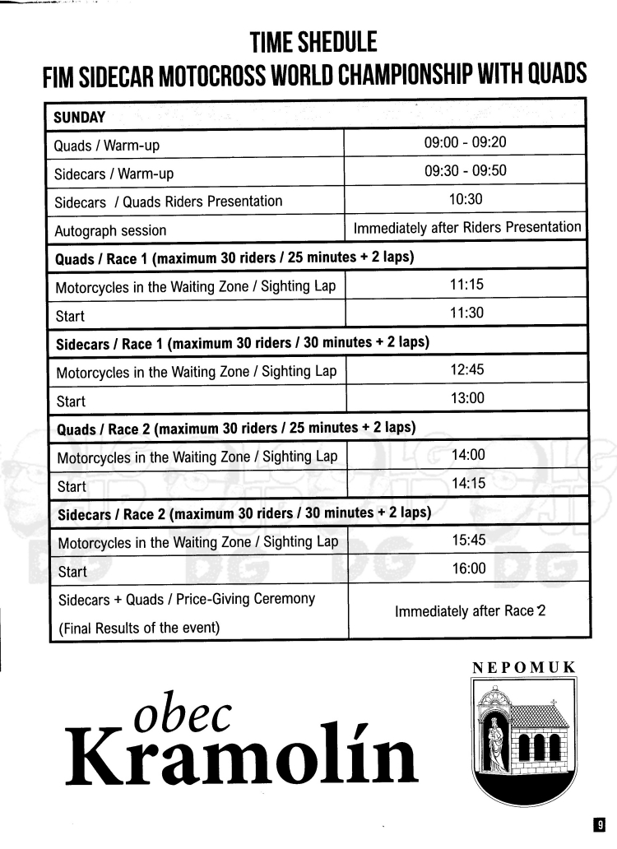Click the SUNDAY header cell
click(80, 117)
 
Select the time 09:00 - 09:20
click(465, 142)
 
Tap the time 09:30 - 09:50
click(465, 171)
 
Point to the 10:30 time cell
click(466, 199)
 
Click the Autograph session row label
click(110, 230)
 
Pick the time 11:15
click(466, 285)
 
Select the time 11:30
click(466, 313)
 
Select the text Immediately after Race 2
click(470, 612)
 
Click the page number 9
click(601, 823)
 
